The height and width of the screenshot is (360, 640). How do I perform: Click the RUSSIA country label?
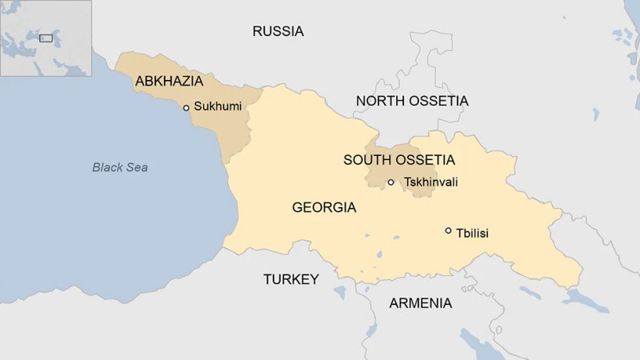click(x=278, y=32)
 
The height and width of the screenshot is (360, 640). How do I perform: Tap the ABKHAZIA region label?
click(x=169, y=81)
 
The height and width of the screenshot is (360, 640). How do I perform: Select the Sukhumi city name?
click(x=218, y=106)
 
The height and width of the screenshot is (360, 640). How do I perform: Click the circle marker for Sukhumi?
click(x=186, y=107)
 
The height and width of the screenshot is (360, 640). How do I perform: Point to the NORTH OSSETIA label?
click(x=412, y=101)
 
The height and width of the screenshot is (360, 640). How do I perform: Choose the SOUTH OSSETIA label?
click(x=398, y=160)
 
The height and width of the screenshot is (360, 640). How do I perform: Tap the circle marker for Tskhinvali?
click(x=391, y=182)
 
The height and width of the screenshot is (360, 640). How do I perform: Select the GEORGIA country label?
click(x=324, y=208)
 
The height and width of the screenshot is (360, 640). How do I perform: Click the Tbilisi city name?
click(x=472, y=233)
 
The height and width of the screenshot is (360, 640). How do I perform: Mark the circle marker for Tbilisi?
click(x=448, y=230)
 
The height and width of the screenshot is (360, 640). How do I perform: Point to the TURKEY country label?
click(x=291, y=279)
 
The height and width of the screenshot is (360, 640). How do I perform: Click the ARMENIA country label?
click(x=420, y=303)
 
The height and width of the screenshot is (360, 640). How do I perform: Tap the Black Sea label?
click(x=120, y=167)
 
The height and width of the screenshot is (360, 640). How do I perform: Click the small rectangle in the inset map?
click(x=46, y=37)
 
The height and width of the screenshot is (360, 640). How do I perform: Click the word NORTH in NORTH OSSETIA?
click(x=378, y=101)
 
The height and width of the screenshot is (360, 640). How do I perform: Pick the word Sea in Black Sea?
click(x=138, y=167)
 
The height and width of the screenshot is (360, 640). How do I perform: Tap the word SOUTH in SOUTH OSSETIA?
click(x=365, y=160)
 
